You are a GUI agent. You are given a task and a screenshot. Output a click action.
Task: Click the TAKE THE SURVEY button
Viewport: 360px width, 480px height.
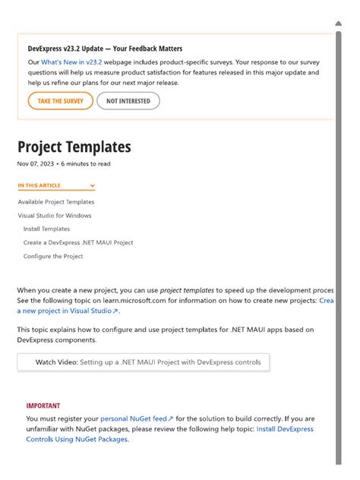point(60,101)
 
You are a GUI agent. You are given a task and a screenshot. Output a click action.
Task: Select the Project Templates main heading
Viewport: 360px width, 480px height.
point(74,147)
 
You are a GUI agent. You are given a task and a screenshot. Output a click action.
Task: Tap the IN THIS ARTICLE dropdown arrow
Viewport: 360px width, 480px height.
point(92,185)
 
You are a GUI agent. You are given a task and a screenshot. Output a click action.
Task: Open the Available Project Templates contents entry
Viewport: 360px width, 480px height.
point(56,202)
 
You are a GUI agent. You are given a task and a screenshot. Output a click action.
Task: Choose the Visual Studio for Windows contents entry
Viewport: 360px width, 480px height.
point(55,216)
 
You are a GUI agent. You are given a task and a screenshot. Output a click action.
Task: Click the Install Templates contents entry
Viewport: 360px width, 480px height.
point(46,229)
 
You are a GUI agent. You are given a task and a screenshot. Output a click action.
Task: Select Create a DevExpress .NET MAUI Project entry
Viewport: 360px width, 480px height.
point(78,242)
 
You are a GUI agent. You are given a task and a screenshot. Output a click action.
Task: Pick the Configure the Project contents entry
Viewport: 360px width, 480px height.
point(53,256)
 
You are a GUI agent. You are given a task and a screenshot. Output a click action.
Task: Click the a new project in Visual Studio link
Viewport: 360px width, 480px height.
point(68,311)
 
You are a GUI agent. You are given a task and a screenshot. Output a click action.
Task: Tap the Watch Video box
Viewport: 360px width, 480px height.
point(143,362)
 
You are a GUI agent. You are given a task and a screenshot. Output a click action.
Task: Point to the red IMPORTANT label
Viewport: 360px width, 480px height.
point(43,406)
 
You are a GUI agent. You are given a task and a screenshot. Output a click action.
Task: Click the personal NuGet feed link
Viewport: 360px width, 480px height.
point(137,418)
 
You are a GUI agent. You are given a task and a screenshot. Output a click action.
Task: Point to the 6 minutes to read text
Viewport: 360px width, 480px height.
point(87,163)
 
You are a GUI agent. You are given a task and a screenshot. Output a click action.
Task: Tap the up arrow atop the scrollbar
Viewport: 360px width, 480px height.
point(339,23)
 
